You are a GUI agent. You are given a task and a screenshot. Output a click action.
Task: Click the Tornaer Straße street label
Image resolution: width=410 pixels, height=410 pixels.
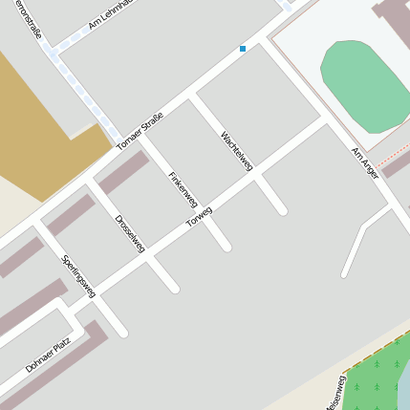coord(140,131)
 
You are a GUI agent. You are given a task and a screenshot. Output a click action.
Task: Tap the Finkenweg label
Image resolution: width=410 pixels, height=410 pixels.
coord(182,189)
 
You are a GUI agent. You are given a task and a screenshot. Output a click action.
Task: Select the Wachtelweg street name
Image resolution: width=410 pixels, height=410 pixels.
coord(236,151)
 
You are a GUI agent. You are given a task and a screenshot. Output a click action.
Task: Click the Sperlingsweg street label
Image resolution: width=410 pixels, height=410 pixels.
coord(78,276)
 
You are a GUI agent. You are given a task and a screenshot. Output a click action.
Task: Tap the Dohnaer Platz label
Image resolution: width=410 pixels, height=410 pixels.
coord(48,354)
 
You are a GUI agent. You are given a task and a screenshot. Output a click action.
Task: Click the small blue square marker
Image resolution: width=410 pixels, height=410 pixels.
coord(243,48)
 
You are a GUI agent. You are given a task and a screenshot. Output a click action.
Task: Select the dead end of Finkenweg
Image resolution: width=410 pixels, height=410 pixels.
coord(227,248)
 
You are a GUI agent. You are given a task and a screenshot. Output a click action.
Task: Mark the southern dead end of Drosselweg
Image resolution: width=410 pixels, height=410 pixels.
coord(175,288)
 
